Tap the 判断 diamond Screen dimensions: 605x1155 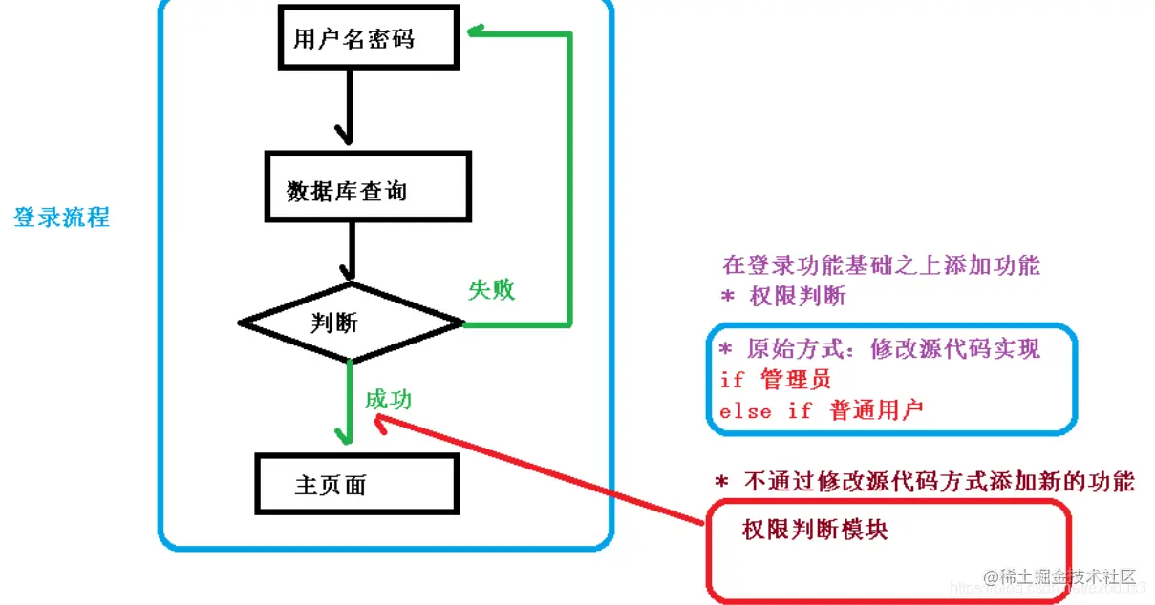350,323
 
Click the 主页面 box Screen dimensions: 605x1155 356,484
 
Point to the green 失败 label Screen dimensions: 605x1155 491,290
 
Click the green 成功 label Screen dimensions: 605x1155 388,399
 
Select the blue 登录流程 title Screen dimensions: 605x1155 61,217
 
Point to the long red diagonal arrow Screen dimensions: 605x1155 545,468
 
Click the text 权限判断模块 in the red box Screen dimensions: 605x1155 814,530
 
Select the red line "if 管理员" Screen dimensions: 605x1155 776,380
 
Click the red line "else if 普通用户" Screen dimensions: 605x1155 821,411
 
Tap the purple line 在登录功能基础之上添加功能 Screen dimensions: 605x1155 881,265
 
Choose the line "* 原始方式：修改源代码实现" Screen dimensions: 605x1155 879,348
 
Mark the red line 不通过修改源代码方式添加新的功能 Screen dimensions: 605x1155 925,482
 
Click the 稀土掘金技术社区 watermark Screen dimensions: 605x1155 1059,576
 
